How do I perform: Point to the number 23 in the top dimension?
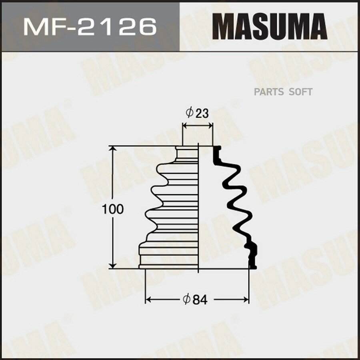point(202,114)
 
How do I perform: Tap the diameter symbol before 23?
point(190,114)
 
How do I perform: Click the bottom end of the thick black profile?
point(252,266)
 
